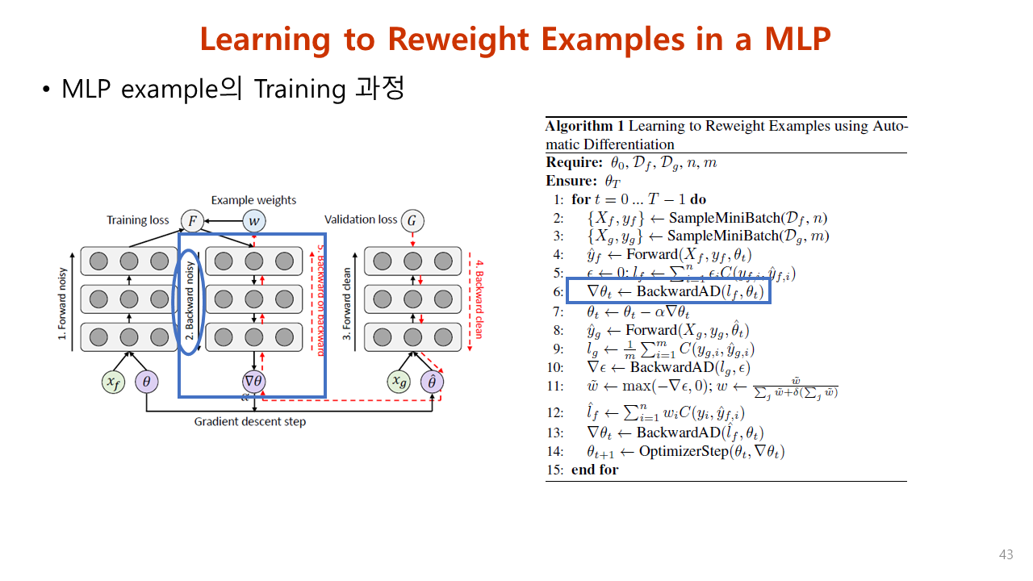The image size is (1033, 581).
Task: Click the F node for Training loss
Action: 192,220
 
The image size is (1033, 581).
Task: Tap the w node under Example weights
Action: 254,220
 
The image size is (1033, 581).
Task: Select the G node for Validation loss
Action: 412,220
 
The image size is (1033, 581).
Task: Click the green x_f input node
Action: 114,382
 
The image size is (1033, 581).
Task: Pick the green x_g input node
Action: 397,382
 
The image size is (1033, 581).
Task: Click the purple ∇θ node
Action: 254,382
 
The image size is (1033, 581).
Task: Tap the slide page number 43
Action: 1006,555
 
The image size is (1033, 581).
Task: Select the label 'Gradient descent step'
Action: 250,421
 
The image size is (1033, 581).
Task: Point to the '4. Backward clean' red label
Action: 479,299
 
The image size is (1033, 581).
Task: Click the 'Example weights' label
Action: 253,200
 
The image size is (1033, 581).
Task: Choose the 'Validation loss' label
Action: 361,219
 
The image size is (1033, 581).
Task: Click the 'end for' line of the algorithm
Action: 594,470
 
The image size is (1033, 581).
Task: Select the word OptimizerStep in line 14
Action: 683,451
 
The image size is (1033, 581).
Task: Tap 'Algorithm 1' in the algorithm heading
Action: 584,126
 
